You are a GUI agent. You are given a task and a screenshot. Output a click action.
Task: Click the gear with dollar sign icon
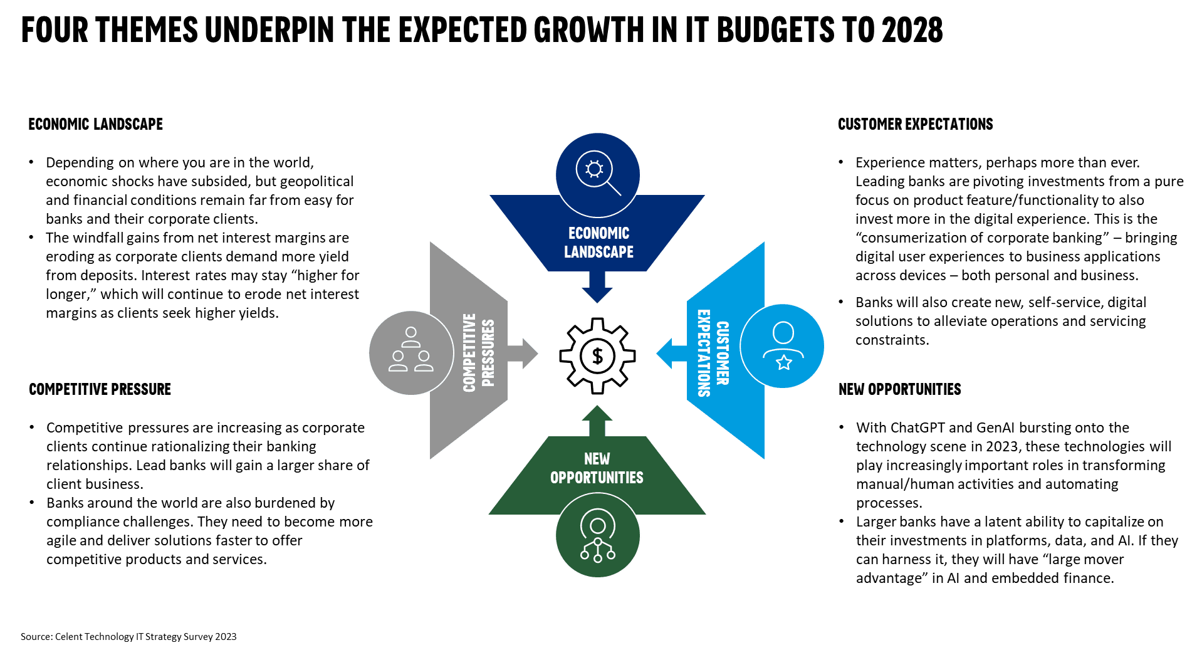[x=597, y=355]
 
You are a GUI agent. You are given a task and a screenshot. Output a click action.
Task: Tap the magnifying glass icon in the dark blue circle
[x=598, y=174]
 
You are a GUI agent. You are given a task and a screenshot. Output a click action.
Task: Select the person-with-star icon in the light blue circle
[x=783, y=346]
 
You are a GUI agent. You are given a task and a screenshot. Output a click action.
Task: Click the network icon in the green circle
[x=598, y=535]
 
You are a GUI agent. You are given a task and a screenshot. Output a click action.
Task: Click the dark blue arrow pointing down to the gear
[x=597, y=288]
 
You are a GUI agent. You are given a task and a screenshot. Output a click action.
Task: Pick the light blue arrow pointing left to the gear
[x=672, y=353]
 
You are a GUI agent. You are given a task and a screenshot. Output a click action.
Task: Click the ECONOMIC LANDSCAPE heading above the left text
[x=96, y=124]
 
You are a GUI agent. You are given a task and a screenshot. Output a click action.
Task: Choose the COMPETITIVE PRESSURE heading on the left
[x=100, y=389]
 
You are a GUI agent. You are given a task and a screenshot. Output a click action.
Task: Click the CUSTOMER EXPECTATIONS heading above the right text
[x=915, y=124]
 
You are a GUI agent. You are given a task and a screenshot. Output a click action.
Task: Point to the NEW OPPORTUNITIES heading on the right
[x=899, y=389]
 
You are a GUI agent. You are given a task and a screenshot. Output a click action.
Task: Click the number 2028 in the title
[x=912, y=30]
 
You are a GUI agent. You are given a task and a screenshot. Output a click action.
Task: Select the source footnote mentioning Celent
[x=128, y=637]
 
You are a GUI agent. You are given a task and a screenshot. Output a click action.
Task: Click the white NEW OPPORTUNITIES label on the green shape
[x=597, y=468]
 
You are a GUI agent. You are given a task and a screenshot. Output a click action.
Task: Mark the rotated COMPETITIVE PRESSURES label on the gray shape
[x=479, y=353]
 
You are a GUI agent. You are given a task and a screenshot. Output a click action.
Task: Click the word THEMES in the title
[x=147, y=30]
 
